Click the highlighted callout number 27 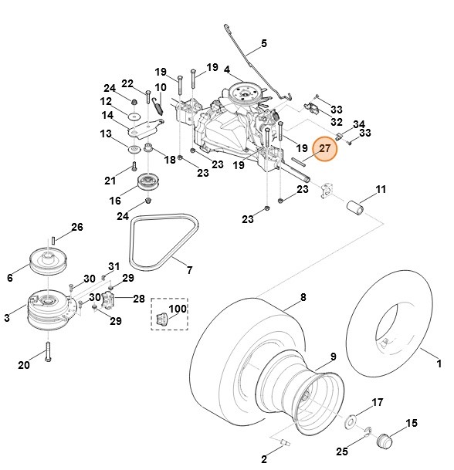(325, 148)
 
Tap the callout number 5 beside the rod (264, 43)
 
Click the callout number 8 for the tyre (303, 297)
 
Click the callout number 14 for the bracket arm (107, 116)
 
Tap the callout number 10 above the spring (161, 87)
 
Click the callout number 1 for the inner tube (439, 363)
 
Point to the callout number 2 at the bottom (264, 459)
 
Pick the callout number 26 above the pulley (76, 227)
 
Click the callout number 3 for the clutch (7, 318)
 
